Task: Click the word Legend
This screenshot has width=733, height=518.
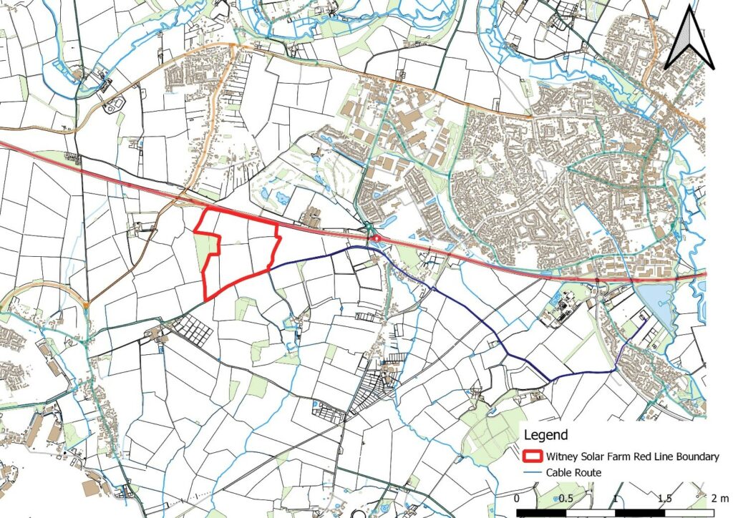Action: point(546,434)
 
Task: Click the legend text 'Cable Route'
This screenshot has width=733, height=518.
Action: point(574,472)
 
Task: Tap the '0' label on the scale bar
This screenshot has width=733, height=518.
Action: point(518,498)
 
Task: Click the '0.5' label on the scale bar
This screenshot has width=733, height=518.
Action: point(565,498)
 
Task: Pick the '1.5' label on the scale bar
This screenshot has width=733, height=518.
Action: point(664,498)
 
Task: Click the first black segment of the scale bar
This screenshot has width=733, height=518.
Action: point(542,513)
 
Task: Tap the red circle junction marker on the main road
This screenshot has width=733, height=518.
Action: point(377,237)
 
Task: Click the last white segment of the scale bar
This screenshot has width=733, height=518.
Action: point(689,513)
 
